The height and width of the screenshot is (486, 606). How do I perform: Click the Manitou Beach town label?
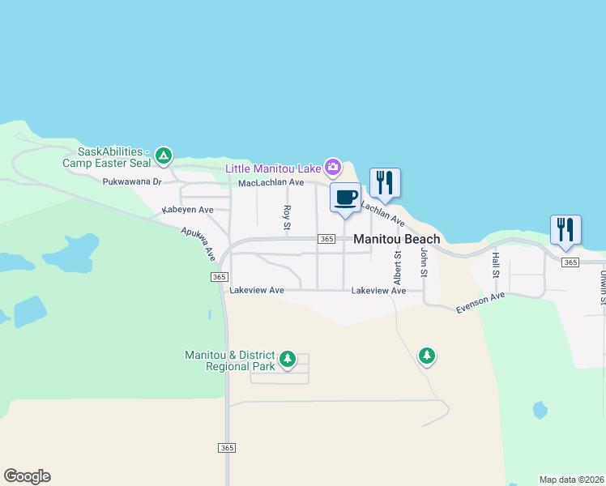coord(397,239)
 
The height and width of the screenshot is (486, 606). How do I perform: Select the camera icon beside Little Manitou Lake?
coord(332,168)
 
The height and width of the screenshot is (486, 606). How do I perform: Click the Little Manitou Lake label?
coord(273,169)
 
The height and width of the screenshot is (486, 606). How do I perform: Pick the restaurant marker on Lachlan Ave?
coord(385,183)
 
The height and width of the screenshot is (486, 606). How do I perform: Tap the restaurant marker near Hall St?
coord(565,229)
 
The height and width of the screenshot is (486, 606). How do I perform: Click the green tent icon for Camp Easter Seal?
coord(164,155)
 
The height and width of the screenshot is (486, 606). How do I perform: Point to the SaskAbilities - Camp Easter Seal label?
coord(105,157)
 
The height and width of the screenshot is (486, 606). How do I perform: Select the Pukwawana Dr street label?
coord(133,182)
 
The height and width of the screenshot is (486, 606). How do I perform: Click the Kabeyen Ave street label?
coord(187,210)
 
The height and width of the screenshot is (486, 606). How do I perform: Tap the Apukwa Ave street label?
coord(198,243)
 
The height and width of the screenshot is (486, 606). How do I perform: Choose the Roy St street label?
coord(287,217)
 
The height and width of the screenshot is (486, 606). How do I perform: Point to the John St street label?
coord(423,263)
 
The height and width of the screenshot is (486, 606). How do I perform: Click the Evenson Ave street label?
coord(480,302)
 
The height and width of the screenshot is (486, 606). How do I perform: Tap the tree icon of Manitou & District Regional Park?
coord(287,359)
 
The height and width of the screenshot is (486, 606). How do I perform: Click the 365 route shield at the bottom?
coord(227,448)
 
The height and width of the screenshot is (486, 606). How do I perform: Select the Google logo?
coord(27,476)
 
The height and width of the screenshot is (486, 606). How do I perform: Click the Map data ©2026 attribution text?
coord(571,480)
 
